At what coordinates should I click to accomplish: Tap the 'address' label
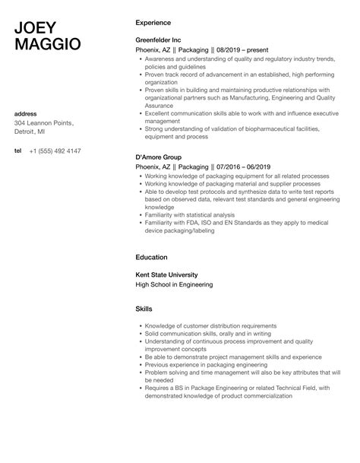tap(27, 114)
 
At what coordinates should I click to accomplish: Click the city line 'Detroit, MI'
tap(33, 133)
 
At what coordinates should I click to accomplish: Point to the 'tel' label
tap(18, 151)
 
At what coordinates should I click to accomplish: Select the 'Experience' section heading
tap(153, 22)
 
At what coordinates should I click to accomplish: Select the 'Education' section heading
tap(151, 257)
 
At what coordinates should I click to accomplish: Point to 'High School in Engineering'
tap(174, 284)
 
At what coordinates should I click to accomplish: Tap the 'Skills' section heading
tap(144, 309)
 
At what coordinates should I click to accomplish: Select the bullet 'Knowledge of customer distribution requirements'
tap(210, 326)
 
